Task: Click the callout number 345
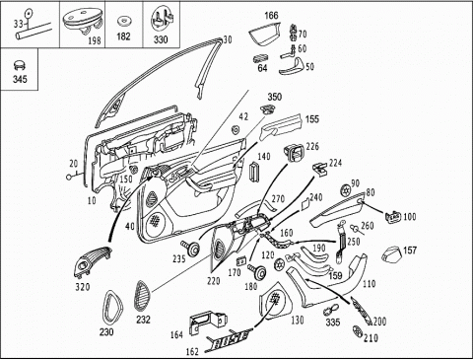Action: [20, 79]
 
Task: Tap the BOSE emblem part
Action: [230, 338]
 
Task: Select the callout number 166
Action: [271, 16]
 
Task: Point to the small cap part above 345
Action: [20, 65]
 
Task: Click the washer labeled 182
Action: [123, 21]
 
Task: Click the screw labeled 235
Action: [190, 248]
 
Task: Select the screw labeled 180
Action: [257, 271]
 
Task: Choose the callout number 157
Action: [410, 251]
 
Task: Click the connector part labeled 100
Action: [393, 217]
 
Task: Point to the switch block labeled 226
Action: [294, 153]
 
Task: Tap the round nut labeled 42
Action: [236, 129]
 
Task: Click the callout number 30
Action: [228, 39]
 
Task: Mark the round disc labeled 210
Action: [357, 331]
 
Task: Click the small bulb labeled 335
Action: [328, 310]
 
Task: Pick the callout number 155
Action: [312, 118]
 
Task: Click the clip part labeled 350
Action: [268, 109]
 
